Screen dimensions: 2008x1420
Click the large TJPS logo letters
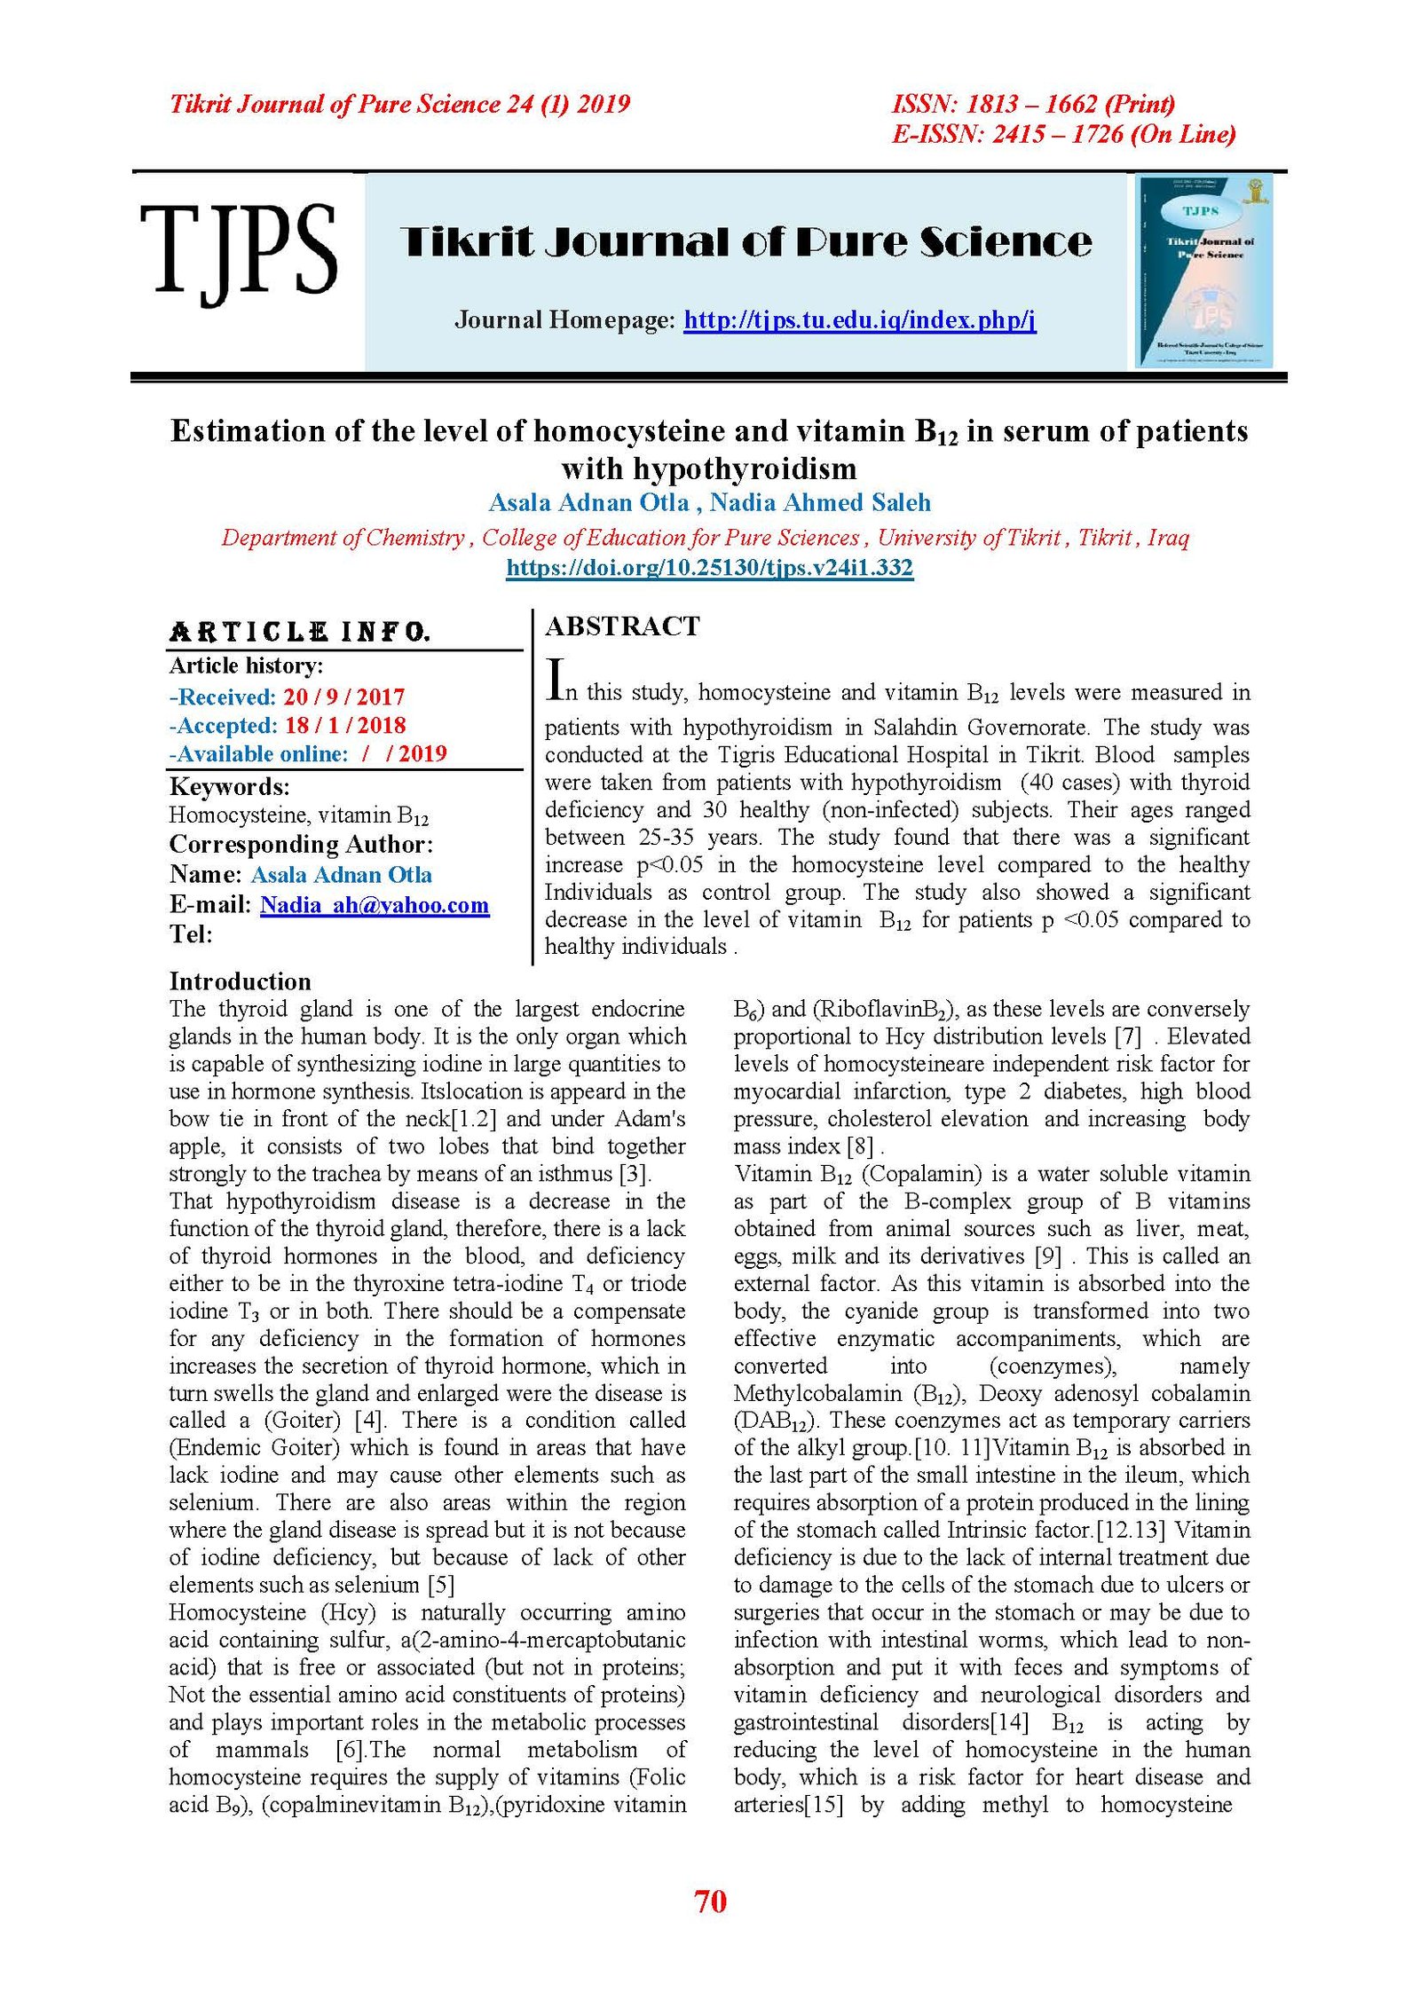click(x=238, y=251)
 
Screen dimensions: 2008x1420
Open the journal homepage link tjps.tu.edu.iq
click(x=859, y=319)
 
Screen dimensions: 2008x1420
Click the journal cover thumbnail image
click(x=1204, y=271)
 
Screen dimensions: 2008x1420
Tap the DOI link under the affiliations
click(x=709, y=567)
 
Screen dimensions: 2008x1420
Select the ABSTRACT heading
click(x=622, y=626)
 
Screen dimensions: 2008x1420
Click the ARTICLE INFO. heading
click(x=300, y=632)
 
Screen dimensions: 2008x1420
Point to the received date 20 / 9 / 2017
click(x=344, y=697)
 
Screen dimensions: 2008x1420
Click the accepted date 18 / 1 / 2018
click(x=345, y=725)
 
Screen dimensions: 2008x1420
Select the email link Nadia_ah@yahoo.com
click(x=374, y=905)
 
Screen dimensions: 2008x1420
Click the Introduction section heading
click(x=241, y=981)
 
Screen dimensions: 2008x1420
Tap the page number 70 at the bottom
click(x=710, y=1902)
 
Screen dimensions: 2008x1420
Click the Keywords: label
click(x=229, y=787)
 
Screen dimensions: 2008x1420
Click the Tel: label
click(x=191, y=933)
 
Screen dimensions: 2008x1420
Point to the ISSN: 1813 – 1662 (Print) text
click(x=1033, y=105)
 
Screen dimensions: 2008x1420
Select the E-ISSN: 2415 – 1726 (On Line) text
click(x=1063, y=134)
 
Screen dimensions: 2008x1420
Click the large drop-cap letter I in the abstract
click(x=555, y=680)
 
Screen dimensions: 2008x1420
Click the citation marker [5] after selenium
click(x=441, y=1585)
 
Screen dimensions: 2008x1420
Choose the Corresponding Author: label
click(x=301, y=845)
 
